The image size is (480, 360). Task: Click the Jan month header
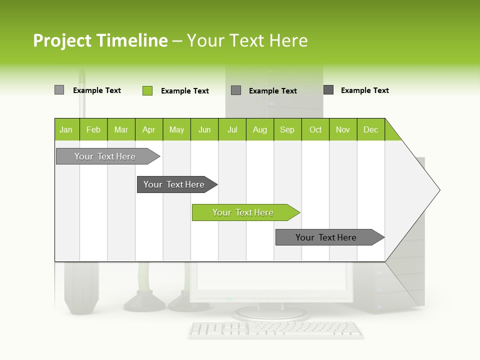pos(66,129)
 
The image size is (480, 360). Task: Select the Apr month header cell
pos(148,129)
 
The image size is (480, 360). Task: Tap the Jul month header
pos(232,129)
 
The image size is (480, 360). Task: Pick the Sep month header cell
pos(287,129)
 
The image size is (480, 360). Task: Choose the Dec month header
pos(370,129)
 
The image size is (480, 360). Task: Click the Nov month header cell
pos(343,129)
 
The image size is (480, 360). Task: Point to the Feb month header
pos(93,129)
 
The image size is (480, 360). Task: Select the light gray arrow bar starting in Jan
pos(105,156)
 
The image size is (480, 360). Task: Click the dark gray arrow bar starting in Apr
pos(174,184)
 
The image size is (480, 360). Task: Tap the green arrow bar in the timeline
pos(243,212)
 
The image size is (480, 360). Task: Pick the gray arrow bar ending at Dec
pos(326,237)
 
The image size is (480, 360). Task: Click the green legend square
pos(147,90)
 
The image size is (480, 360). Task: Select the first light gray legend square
pos(59,90)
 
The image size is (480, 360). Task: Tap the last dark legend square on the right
pos(328,90)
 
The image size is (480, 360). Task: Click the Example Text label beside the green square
pos(184,91)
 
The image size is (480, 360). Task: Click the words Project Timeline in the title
pos(100,40)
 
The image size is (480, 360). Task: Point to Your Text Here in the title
pos(247,40)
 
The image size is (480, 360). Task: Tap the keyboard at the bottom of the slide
pos(276,329)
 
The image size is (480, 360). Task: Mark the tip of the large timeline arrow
pos(438,189)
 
